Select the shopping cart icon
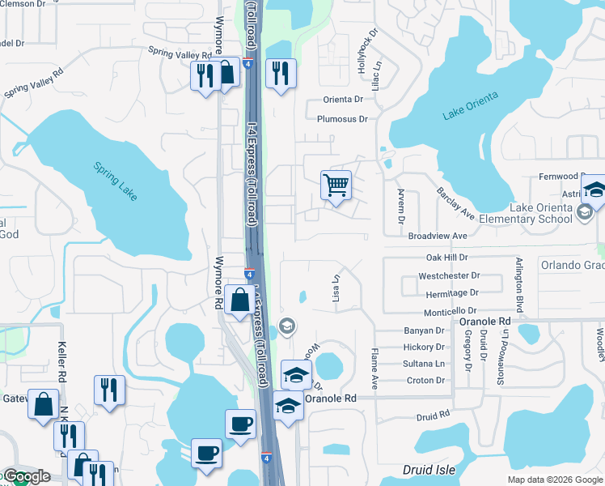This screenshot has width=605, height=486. (x=336, y=185)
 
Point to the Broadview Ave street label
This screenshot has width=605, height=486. (x=438, y=236)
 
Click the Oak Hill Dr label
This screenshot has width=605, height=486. (x=447, y=257)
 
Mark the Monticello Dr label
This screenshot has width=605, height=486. (x=450, y=312)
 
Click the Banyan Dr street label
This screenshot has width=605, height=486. (x=424, y=330)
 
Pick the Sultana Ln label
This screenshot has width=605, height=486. (x=424, y=364)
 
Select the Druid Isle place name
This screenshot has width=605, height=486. (x=429, y=470)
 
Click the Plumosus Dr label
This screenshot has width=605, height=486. (x=342, y=119)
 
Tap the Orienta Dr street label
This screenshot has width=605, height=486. (x=344, y=100)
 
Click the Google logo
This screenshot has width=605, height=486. (x=27, y=476)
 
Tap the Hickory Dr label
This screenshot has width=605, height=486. (x=424, y=347)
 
